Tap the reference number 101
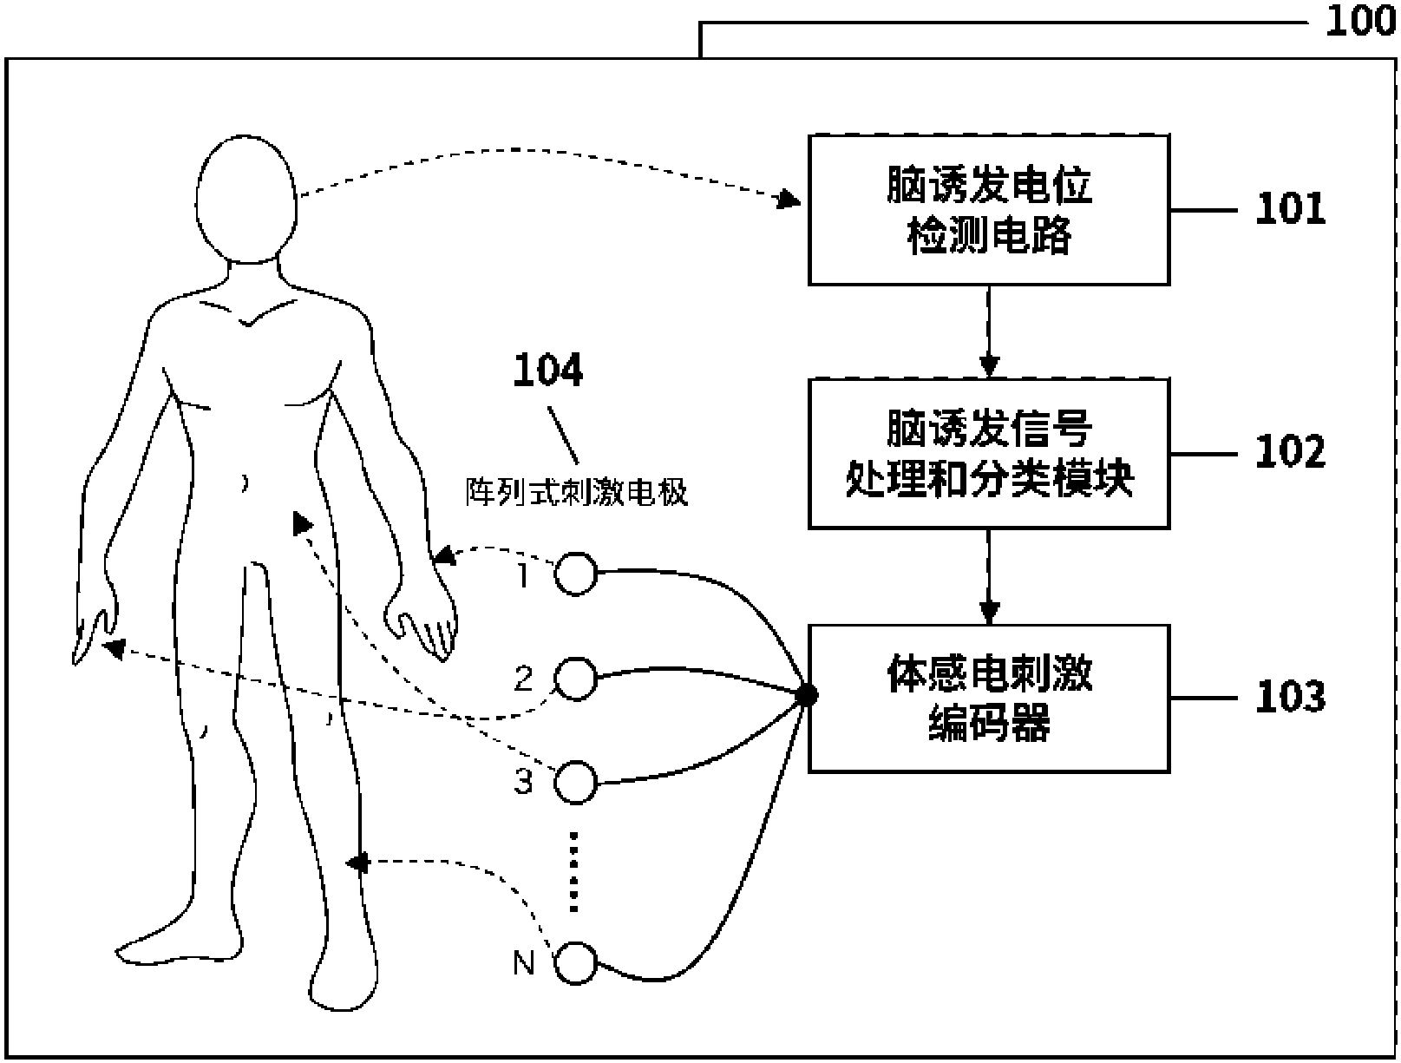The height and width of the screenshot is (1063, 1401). click(1291, 209)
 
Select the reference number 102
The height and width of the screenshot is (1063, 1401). click(1291, 452)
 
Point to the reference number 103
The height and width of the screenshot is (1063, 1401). click(1291, 697)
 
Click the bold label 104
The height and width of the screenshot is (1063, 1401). click(547, 371)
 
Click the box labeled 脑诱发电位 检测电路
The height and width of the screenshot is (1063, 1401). click(989, 210)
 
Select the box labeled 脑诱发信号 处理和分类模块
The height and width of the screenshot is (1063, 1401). click(989, 453)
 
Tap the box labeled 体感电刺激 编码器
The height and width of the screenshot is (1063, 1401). click(989, 698)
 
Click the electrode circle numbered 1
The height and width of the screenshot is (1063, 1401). click(576, 574)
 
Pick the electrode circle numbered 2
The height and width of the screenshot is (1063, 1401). click(576, 679)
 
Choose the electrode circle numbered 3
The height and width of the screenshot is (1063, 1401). click(576, 783)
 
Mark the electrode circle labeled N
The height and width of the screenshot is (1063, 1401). click(576, 963)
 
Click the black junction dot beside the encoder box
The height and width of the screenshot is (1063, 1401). click(807, 694)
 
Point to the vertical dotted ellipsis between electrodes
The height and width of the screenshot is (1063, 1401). click(573, 871)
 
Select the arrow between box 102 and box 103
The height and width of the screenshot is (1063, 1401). click(989, 576)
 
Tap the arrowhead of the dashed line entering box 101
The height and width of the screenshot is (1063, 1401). click(789, 201)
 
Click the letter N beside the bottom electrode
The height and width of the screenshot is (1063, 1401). click(524, 963)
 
